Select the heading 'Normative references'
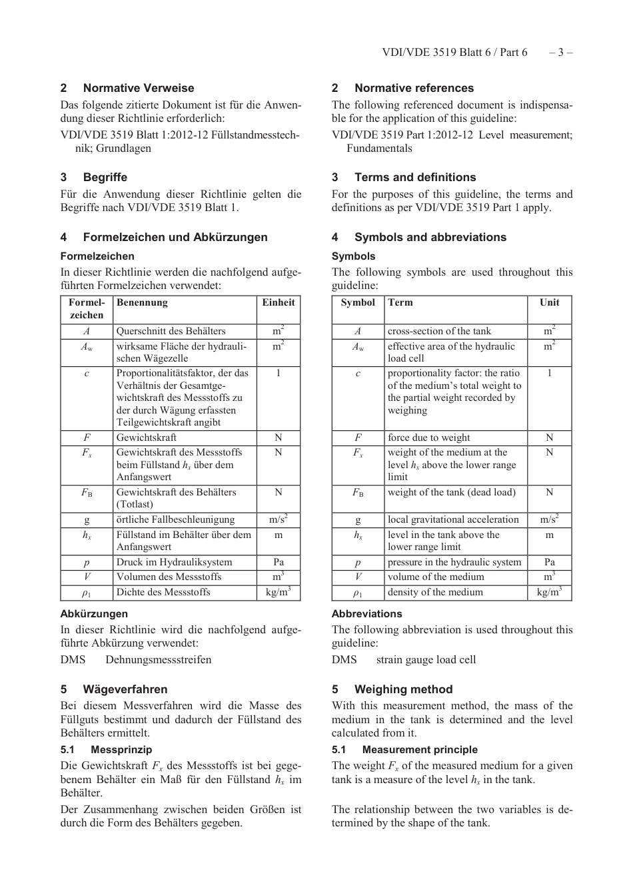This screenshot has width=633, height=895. tap(414, 88)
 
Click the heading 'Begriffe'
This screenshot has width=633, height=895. tap(105, 177)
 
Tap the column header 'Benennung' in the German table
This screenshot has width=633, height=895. tap(142, 302)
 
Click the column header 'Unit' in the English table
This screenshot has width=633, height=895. tap(549, 302)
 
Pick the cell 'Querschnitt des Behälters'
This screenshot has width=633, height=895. tap(171, 331)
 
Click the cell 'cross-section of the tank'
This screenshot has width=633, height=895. tap(439, 331)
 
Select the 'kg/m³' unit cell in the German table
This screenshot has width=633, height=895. tap(278, 592)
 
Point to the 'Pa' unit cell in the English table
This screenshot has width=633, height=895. tap(549, 562)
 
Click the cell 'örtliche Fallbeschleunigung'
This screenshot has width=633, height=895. tap(175, 519)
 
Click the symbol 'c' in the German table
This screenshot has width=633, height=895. tap(87, 374)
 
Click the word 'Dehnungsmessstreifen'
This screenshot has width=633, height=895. tap(158, 659)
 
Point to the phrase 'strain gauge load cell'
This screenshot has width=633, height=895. tap(426, 659)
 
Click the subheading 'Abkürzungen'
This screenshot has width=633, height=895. tap(94, 614)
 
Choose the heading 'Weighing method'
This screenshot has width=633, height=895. tap(403, 689)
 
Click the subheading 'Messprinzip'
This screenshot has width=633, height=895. tap(121, 750)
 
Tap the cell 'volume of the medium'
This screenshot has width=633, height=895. tap(436, 577)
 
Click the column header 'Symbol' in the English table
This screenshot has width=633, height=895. tap(358, 302)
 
